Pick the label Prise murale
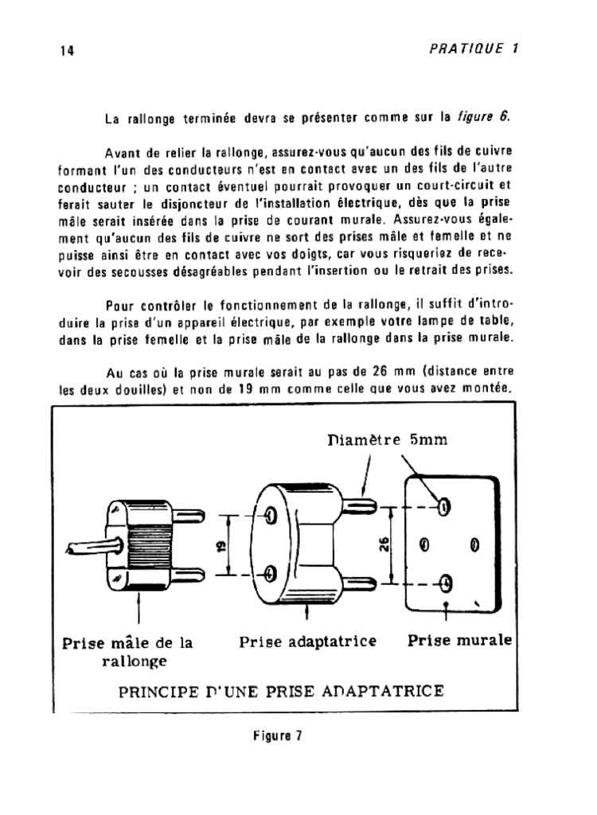pyautogui.click(x=460, y=641)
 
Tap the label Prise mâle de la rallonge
pyautogui.click(x=127, y=651)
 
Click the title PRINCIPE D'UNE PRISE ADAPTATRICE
pyautogui.click(x=281, y=689)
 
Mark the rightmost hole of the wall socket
pyautogui.click(x=474, y=545)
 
